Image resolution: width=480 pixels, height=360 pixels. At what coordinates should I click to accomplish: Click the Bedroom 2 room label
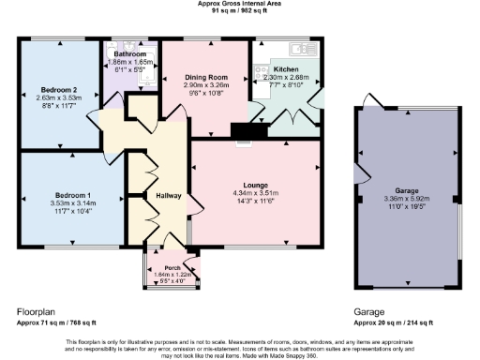point(58,88)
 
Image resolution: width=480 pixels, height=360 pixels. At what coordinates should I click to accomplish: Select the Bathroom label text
point(131,53)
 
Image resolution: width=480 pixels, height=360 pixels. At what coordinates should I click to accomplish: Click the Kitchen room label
point(285,69)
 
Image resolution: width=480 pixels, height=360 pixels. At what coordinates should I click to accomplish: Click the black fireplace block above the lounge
point(245,132)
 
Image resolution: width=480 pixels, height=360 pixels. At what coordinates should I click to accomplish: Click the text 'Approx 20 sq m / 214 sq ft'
point(393,322)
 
